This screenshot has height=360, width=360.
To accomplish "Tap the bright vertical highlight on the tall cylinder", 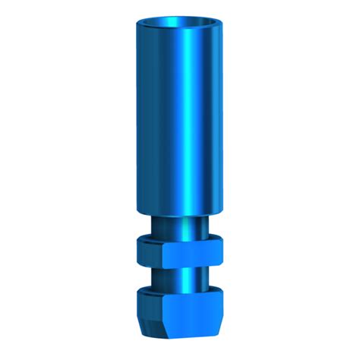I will pyautogui.click(x=185, y=114).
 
